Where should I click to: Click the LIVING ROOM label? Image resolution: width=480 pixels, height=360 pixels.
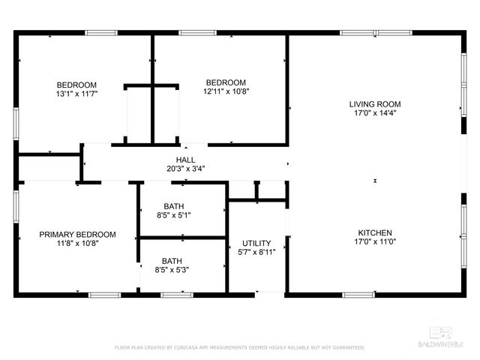coord(375,104)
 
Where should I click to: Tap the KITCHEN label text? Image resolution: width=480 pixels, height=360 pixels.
coord(373,232)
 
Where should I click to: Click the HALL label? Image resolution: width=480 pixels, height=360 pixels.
coord(185,160)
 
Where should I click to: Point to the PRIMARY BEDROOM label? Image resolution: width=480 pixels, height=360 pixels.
coord(77,234)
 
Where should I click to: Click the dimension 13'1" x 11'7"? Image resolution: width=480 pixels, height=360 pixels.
coord(76,94)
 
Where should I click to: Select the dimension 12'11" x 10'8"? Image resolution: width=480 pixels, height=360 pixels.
coord(226,91)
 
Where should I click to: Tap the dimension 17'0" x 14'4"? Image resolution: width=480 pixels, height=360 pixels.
coord(375,113)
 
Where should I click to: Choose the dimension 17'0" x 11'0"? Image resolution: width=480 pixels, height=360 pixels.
coord(373,242)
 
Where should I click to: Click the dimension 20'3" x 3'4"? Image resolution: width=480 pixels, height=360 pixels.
coord(185,169)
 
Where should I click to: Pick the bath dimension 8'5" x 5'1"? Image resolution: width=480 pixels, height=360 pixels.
coord(173,216)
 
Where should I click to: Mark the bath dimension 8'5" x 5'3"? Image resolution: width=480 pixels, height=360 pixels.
coord(172,270)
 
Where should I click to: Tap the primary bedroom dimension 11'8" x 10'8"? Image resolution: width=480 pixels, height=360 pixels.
coord(77,243)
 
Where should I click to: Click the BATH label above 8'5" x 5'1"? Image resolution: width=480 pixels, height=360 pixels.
coord(173,206)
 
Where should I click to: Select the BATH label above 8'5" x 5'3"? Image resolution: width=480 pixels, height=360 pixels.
coord(172,261)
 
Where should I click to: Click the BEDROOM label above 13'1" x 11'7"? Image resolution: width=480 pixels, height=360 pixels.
coord(76,84)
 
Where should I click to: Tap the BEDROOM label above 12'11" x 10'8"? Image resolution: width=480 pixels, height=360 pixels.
coord(226,82)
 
